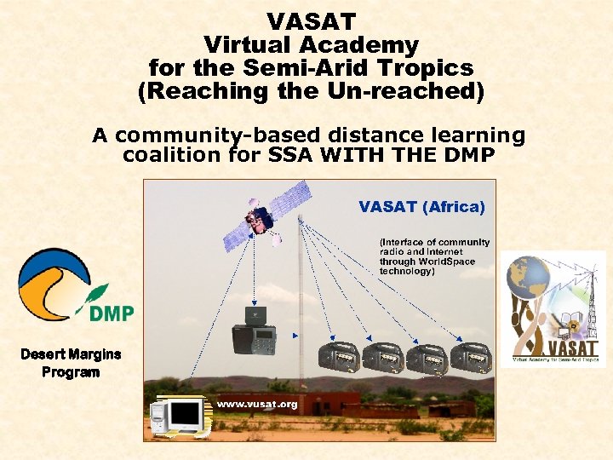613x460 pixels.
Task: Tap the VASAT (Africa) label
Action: pos(421,207)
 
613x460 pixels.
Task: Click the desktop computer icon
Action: pos(179,417)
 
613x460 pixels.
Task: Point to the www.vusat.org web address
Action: pos(256,404)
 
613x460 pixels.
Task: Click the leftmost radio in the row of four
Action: pos(337,358)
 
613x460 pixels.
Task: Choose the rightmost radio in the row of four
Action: pos(471,358)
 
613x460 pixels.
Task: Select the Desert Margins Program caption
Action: pos(71,363)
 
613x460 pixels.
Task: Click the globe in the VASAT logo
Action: pos(528,278)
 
